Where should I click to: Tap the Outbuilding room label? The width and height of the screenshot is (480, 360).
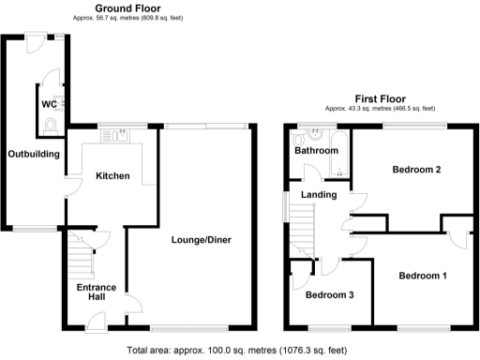tap(35, 154)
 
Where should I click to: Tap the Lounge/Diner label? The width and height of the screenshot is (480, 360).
tap(201, 240)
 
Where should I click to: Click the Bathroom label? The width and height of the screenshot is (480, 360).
tap(316, 150)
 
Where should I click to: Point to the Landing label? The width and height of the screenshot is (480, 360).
tap(318, 195)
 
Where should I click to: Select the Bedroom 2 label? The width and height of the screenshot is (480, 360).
tap(415, 170)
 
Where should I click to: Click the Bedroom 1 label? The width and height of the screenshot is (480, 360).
tap(423, 276)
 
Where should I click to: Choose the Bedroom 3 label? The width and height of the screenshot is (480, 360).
tap(330, 293)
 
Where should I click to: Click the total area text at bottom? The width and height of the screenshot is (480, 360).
tap(240, 351)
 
